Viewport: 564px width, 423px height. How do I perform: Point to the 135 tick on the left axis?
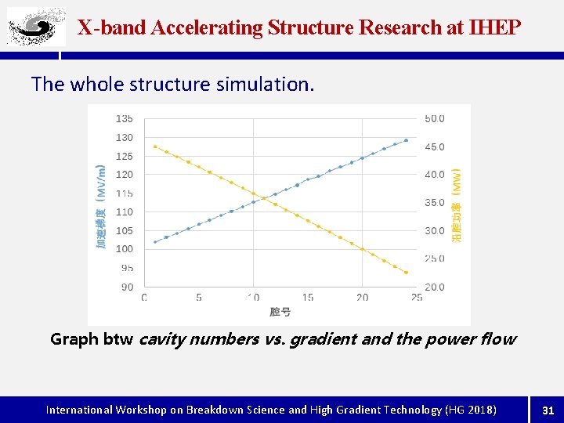click(x=125, y=119)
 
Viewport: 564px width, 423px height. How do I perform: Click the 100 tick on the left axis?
click(x=125, y=249)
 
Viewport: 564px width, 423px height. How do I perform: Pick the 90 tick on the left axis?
click(x=126, y=287)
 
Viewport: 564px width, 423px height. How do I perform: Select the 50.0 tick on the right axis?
click(x=434, y=119)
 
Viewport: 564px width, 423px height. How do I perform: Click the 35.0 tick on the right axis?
click(x=434, y=203)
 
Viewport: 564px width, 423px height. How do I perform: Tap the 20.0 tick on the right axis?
click(x=434, y=287)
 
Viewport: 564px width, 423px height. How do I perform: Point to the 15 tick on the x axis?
click(x=308, y=298)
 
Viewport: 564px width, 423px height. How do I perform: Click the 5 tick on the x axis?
click(x=199, y=298)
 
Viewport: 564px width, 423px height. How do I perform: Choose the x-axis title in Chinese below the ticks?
click(x=280, y=312)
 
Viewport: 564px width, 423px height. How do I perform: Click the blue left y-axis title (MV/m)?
click(x=101, y=207)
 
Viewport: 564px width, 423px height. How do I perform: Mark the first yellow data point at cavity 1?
click(x=155, y=146)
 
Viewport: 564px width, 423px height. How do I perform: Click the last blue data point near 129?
click(x=406, y=140)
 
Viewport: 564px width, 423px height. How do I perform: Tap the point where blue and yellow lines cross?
click(x=265, y=198)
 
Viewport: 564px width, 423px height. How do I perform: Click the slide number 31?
click(x=548, y=410)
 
